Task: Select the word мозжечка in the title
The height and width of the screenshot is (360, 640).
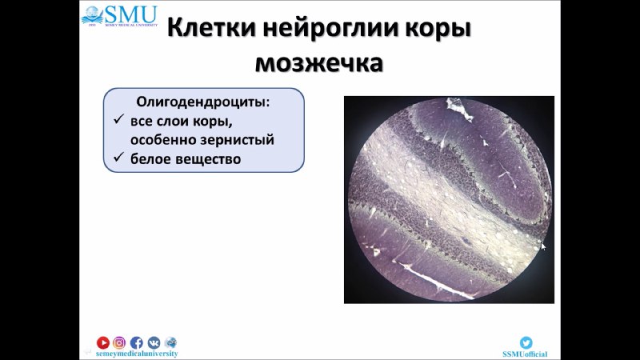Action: pos(319,63)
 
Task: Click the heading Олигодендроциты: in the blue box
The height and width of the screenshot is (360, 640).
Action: pos(203,102)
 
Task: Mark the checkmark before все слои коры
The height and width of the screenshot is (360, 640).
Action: pos(118,119)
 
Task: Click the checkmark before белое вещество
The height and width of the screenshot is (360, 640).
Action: pos(118,157)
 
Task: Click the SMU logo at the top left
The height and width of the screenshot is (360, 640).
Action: pos(119,16)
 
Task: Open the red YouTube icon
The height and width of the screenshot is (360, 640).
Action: pos(103,342)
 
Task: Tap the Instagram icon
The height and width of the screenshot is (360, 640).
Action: pos(119,342)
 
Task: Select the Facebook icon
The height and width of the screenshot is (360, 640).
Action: pos(136,342)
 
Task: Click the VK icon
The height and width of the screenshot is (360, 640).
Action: pos(154,342)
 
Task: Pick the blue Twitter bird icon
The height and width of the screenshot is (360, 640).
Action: pos(526,342)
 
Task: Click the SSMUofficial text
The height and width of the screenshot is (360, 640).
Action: pos(525,354)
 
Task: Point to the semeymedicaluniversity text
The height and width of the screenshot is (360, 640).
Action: pos(137,354)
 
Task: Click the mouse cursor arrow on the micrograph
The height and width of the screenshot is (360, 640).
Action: pos(543,246)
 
